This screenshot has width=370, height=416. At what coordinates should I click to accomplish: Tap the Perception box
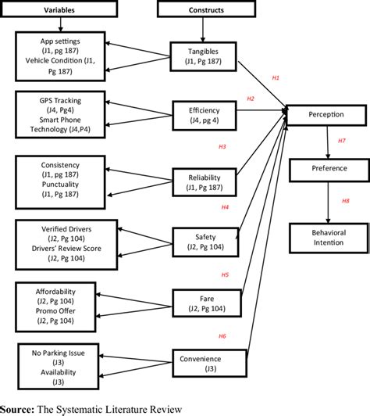[327, 115]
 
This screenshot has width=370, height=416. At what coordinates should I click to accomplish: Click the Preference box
[327, 167]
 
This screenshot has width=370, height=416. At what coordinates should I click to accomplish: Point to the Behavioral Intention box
[327, 236]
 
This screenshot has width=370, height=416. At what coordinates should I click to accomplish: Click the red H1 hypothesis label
[275, 78]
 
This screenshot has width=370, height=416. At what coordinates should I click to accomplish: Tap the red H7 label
[341, 141]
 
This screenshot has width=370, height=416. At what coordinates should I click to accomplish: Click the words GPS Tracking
[59, 101]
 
